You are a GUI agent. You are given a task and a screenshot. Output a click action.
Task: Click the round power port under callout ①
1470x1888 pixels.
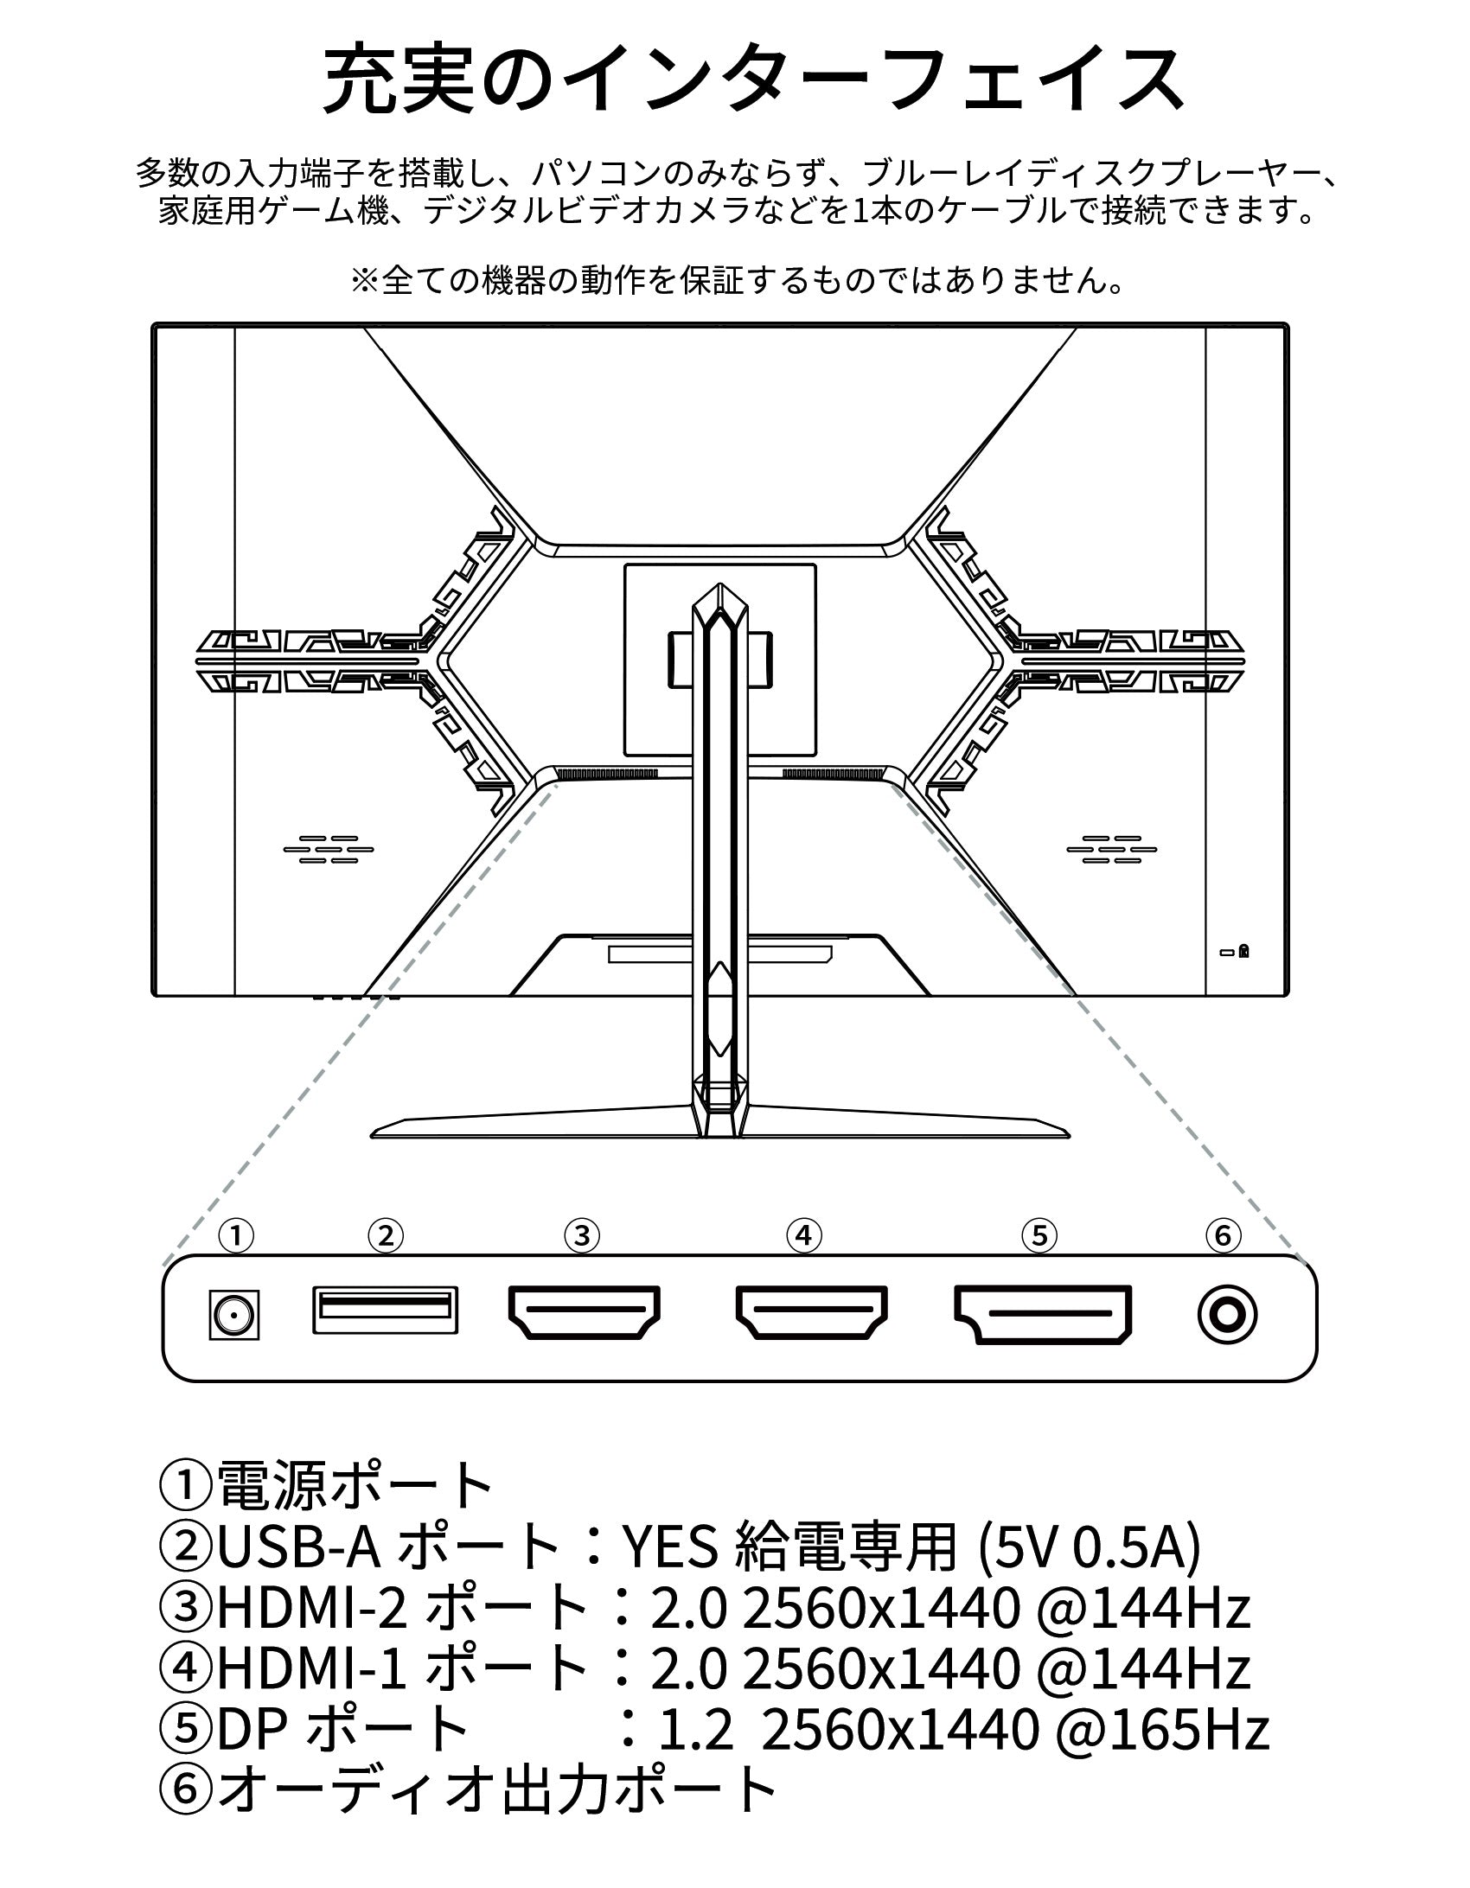point(235,1315)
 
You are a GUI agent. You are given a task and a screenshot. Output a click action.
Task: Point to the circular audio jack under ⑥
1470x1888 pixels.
point(1226,1315)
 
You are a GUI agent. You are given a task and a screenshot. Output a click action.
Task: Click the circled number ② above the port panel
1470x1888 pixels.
point(386,1235)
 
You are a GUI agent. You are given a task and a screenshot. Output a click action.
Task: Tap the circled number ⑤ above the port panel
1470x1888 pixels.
point(1039,1235)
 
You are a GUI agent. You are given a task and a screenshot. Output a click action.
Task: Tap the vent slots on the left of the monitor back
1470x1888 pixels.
point(329,849)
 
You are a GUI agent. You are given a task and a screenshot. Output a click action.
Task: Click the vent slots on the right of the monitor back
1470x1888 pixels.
point(1111,849)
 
